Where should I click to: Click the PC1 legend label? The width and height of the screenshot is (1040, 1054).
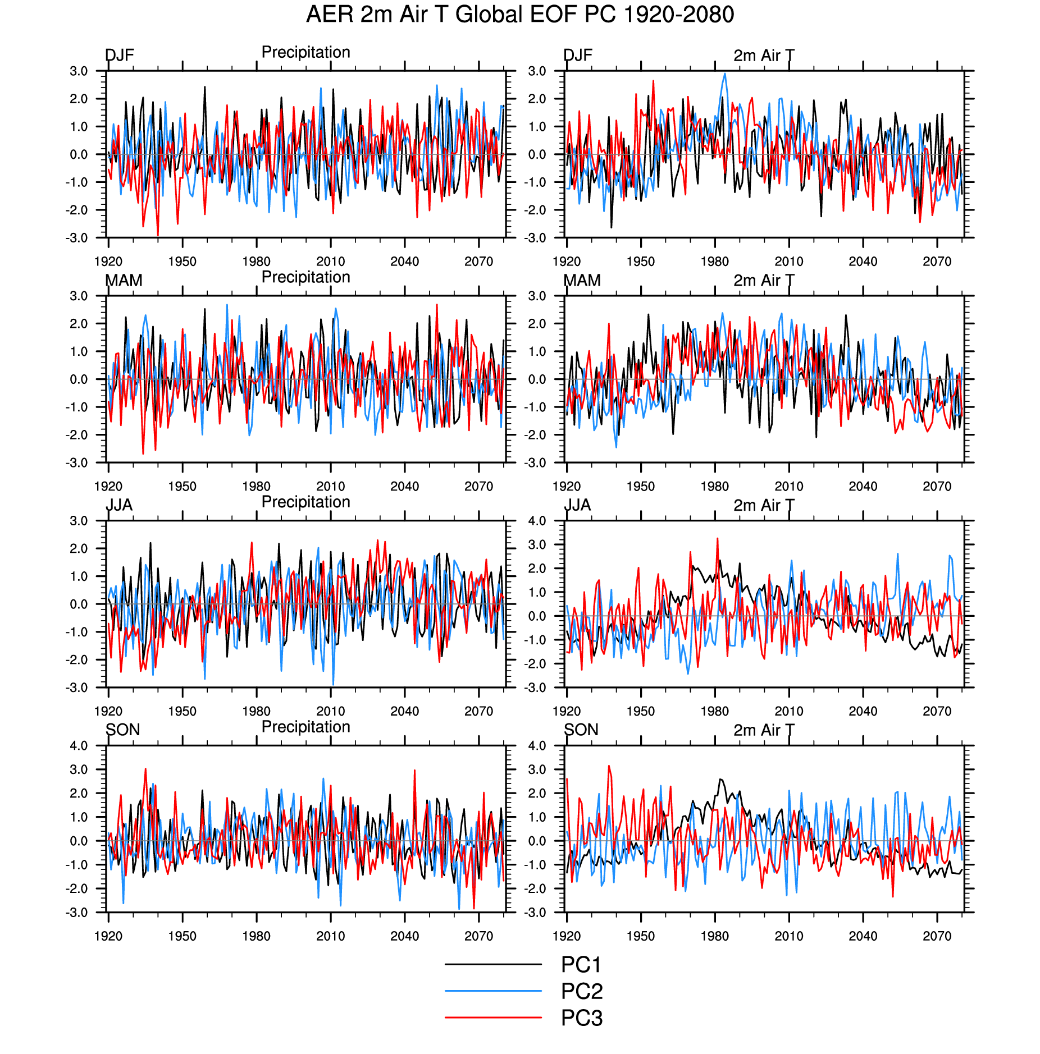(x=581, y=965)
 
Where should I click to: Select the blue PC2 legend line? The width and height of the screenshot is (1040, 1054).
(x=493, y=991)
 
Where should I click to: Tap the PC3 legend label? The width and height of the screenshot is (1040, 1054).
(x=582, y=1018)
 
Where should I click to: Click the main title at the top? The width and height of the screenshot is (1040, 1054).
(x=520, y=15)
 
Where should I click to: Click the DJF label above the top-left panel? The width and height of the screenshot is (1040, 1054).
(x=120, y=55)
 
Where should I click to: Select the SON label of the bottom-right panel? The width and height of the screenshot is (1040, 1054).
(x=581, y=730)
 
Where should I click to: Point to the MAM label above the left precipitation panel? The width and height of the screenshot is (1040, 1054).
(x=124, y=280)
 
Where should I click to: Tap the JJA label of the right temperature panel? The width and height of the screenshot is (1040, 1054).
(x=577, y=505)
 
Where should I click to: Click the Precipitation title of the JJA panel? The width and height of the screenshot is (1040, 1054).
(x=305, y=502)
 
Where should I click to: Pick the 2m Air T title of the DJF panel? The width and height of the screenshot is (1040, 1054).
(x=764, y=56)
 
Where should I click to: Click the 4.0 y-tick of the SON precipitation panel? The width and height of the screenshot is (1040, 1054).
(x=79, y=746)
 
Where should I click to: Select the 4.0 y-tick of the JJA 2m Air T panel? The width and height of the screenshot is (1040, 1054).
(x=537, y=521)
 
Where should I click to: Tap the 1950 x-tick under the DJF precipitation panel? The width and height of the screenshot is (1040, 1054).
(x=182, y=262)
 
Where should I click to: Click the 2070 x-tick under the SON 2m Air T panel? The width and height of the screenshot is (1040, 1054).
(x=937, y=936)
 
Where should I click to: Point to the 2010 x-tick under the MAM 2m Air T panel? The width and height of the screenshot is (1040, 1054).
(x=788, y=487)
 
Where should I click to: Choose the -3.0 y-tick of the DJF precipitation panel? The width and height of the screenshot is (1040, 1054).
(x=77, y=238)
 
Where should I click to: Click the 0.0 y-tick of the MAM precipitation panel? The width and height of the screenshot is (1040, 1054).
(x=79, y=379)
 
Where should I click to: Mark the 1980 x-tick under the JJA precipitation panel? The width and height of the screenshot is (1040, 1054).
(x=256, y=711)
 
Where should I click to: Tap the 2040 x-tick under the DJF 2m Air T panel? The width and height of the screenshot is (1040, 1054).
(x=863, y=262)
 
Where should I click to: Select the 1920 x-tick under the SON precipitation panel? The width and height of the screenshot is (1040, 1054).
(x=108, y=936)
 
